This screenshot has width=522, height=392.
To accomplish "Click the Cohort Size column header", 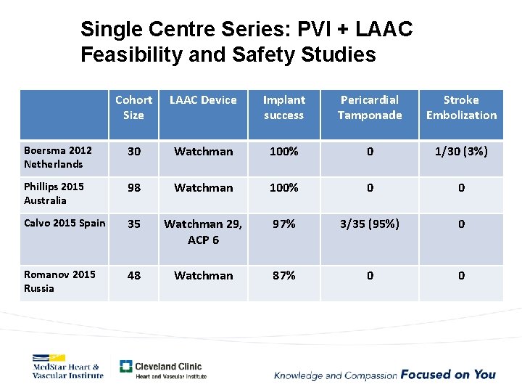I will [134, 107].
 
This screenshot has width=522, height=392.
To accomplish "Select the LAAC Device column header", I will [203, 100].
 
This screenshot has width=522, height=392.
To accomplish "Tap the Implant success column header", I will [283, 107].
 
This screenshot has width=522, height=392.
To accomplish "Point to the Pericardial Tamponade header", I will [370, 107].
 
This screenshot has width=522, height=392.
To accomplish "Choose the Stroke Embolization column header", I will [461, 107].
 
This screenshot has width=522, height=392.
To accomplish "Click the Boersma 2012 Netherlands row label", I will [58, 158].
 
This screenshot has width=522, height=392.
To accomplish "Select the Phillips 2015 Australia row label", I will [54, 194].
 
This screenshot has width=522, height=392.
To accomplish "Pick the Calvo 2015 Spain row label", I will [65, 223].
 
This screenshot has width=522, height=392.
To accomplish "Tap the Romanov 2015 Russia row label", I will [59, 282].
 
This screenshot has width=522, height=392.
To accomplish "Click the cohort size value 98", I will [134, 188].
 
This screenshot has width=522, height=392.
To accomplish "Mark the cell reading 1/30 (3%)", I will [461, 152].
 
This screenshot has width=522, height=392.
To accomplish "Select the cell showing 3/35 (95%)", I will [370, 224].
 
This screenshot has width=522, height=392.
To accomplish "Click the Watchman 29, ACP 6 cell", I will [203, 232].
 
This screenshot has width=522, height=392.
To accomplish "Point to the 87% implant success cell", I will [283, 276].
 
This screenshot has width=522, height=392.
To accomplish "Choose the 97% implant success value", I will [283, 224].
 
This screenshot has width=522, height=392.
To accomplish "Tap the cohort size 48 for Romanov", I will [134, 276].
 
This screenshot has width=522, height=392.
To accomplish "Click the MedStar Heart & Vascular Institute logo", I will [67, 367].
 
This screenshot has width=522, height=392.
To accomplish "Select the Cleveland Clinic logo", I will [162, 369].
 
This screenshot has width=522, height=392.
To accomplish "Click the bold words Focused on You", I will [448, 375].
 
